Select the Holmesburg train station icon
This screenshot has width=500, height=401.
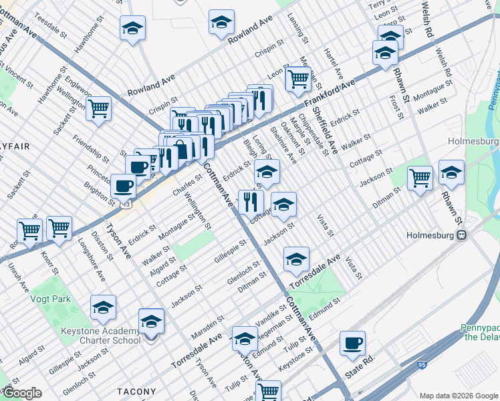click(461, 235)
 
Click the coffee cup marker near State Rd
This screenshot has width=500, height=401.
click(352, 344)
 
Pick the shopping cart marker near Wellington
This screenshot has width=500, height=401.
click(98, 108)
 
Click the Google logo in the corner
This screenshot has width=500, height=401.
click(21, 393)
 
